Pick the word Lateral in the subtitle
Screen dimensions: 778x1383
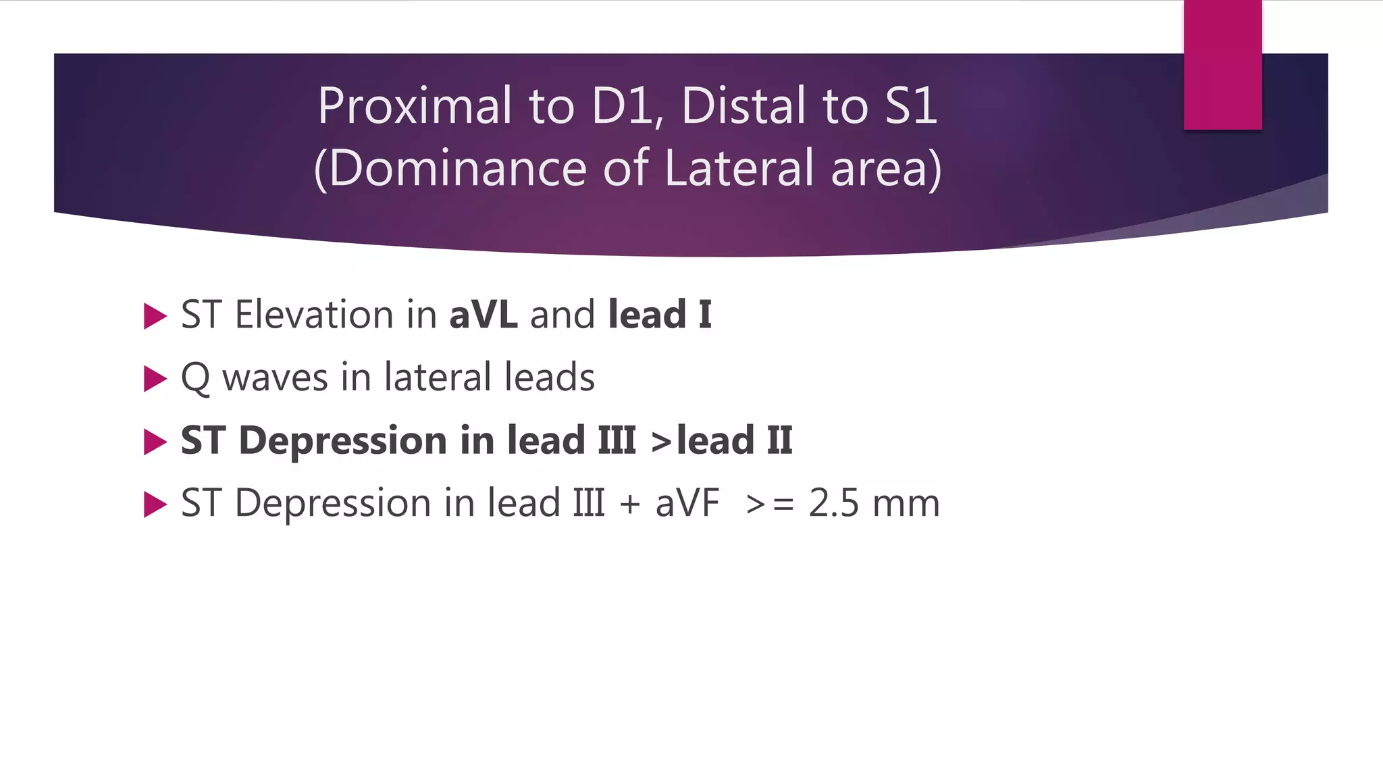(739, 168)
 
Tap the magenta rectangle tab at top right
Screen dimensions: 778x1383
(1222, 65)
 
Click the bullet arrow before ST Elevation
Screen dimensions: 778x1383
(155, 316)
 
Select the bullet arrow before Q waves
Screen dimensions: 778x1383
(155, 379)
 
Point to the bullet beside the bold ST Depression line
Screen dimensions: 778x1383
(155, 442)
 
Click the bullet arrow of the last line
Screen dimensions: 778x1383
(155, 504)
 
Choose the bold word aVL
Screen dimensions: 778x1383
(484, 315)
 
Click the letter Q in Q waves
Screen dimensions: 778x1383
(195, 378)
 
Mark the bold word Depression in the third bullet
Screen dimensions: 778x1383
(343, 441)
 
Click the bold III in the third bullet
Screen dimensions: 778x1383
(617, 441)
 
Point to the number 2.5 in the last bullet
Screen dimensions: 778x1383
(833, 504)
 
